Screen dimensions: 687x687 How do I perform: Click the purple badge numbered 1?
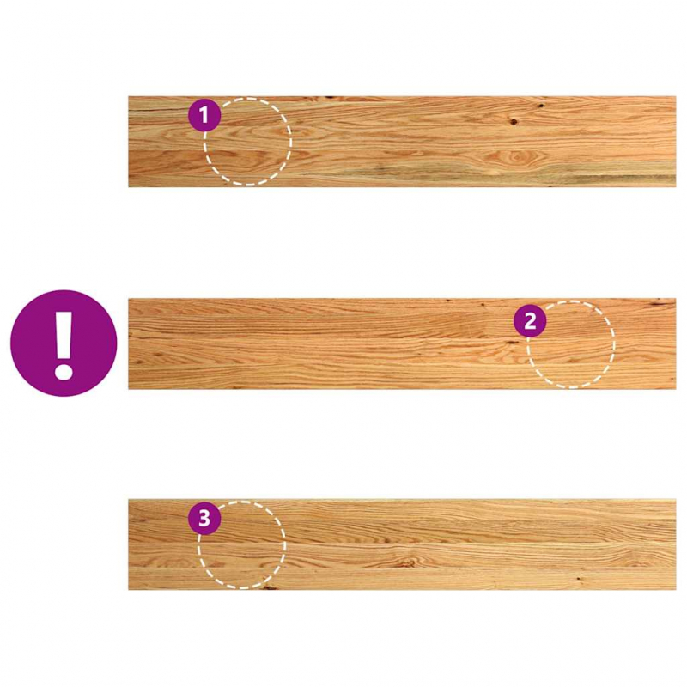coord(204,115)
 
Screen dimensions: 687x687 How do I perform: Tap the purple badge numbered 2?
coord(530,321)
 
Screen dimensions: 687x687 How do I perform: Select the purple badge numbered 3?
coord(204,519)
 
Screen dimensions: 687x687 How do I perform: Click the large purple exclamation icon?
coord(64,343)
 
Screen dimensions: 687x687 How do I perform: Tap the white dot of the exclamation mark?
coord(64,371)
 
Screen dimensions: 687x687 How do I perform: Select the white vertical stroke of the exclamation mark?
coord(64,333)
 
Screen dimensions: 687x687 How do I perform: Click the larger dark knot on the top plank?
coord(513,121)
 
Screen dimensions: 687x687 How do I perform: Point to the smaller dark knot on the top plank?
coord(541,105)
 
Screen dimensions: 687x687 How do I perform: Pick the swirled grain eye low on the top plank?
coord(516,155)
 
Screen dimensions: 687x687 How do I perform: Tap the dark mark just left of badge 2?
coord(511,342)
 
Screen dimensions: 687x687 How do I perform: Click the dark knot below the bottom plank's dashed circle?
coord(268,587)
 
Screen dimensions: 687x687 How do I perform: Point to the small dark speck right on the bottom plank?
coord(578,579)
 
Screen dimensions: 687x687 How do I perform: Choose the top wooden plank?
coord(402,142)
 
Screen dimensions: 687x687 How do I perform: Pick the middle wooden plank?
coord(402,344)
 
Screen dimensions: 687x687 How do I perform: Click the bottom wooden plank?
coord(402,544)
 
